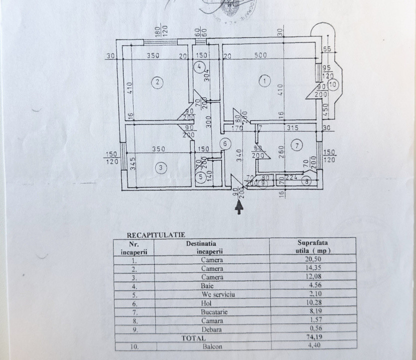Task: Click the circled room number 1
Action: [265, 79]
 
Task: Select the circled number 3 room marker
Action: [160, 168]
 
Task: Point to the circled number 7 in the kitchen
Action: [297, 145]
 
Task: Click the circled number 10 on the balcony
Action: [334, 84]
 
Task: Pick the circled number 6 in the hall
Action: [225, 144]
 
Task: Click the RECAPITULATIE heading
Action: [149, 233]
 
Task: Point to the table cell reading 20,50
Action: [312, 260]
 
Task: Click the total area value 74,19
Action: [312, 338]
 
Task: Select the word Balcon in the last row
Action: [212, 346]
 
